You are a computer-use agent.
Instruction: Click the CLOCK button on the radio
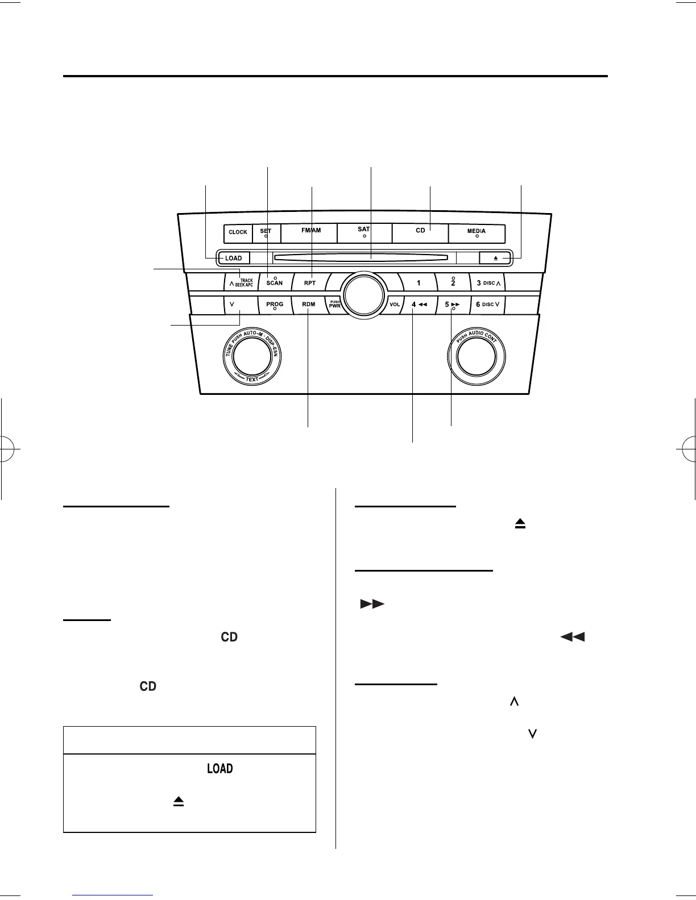point(238,232)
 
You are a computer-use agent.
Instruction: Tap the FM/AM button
point(311,232)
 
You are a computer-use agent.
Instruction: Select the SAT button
point(364,232)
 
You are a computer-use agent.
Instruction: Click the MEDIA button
point(477,232)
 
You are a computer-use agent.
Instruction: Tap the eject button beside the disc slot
point(495,259)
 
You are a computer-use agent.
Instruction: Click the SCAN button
point(275,282)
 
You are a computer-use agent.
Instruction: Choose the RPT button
point(310,282)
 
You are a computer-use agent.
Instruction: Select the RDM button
point(309,305)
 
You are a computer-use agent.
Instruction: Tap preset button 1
point(419,282)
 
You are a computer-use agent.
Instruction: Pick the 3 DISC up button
point(487,282)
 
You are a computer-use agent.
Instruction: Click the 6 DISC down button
point(487,305)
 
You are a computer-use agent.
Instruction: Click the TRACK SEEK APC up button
point(241,282)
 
